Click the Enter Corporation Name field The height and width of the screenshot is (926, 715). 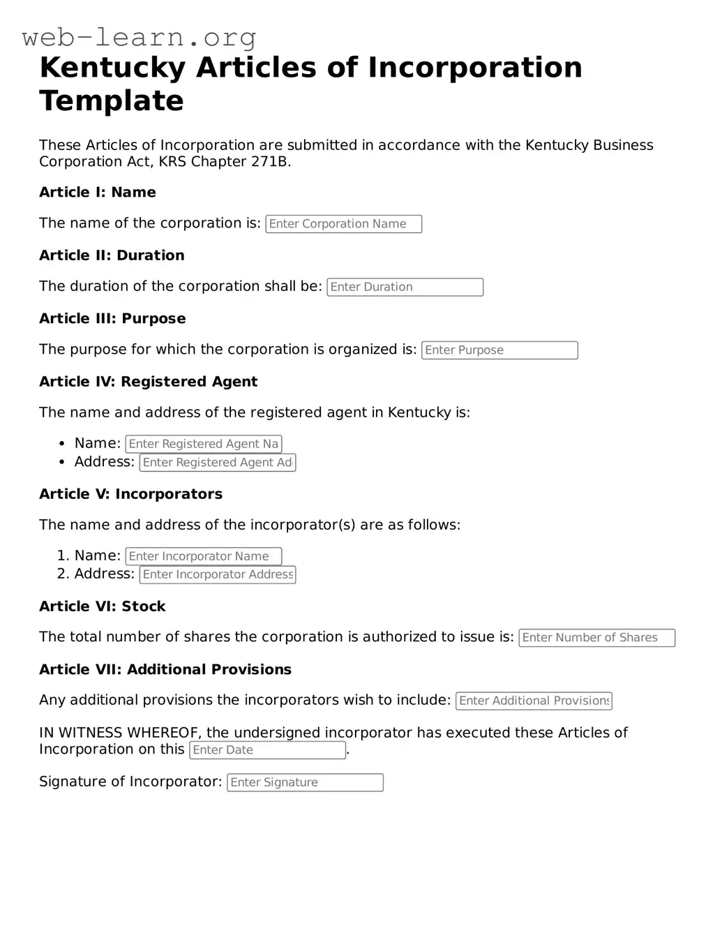pyautogui.click(x=343, y=224)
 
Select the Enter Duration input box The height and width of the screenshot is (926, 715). pyautogui.click(x=405, y=287)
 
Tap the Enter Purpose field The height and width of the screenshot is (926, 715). pyautogui.click(x=499, y=350)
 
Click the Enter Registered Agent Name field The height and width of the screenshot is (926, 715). pyautogui.click(x=203, y=444)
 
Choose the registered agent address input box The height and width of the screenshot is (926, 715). pyautogui.click(x=218, y=463)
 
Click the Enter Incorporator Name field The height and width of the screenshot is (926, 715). pyautogui.click(x=203, y=556)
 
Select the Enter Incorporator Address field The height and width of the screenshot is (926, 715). pyautogui.click(x=218, y=574)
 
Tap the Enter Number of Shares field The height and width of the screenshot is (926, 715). pyautogui.click(x=596, y=638)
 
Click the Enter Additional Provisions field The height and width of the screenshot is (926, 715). pyautogui.click(x=534, y=701)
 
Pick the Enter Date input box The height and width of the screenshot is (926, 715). pyautogui.click(x=267, y=750)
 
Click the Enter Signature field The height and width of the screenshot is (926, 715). pyautogui.click(x=305, y=783)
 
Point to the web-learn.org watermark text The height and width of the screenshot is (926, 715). pyautogui.click(x=140, y=36)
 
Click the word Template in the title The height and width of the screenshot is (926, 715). pyautogui.click(x=112, y=100)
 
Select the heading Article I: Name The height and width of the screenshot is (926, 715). pyautogui.click(x=98, y=193)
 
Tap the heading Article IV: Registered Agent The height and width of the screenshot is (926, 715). pyautogui.click(x=148, y=382)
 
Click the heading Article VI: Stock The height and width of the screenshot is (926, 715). pyautogui.click(x=102, y=606)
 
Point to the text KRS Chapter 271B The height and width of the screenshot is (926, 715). pyautogui.click(x=225, y=162)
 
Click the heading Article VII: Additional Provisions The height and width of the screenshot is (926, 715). pyautogui.click(x=165, y=670)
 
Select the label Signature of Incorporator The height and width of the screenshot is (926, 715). pyautogui.click(x=130, y=782)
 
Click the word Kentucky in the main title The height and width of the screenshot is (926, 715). pyautogui.click(x=112, y=68)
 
